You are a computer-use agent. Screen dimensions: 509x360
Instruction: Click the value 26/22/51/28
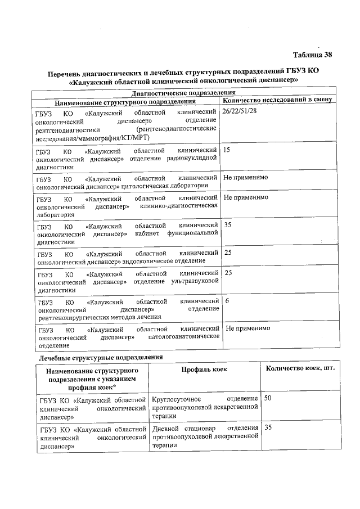click(x=240, y=112)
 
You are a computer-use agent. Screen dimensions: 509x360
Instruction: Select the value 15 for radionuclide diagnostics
click(x=227, y=151)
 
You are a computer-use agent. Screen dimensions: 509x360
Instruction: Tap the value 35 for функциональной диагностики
click(x=228, y=224)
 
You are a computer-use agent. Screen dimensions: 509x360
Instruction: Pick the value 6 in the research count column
click(x=227, y=301)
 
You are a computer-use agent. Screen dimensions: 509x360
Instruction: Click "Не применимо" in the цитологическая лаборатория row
click(x=245, y=177)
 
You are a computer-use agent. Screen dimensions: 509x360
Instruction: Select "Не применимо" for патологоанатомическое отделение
click(x=247, y=328)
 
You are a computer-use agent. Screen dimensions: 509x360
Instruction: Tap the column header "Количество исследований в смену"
click(x=278, y=100)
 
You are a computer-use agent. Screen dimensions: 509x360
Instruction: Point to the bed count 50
click(x=268, y=398)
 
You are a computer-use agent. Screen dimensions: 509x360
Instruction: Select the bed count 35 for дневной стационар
click(x=268, y=428)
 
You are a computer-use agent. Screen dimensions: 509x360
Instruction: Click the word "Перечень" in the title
click(x=65, y=73)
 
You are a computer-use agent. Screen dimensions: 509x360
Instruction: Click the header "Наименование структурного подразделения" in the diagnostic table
click(x=125, y=102)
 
